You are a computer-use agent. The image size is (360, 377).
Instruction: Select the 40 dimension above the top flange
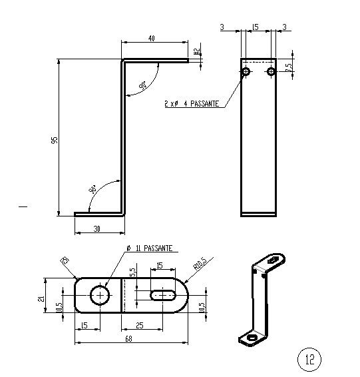tap(152, 39)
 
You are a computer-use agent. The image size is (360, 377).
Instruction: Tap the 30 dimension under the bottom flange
tap(97, 228)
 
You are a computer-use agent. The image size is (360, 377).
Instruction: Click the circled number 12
tap(309, 359)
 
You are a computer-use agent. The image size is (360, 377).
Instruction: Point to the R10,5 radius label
tap(198, 266)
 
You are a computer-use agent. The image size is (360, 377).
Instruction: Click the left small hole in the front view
tap(246, 71)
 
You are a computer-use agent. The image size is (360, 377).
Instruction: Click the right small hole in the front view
tap(270, 71)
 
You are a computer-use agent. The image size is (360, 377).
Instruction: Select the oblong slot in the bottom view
tap(162, 294)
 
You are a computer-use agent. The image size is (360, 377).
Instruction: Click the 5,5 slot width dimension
tap(133, 272)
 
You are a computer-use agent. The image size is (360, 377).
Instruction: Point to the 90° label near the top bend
tap(143, 86)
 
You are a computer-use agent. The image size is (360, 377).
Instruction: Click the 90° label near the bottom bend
tap(92, 188)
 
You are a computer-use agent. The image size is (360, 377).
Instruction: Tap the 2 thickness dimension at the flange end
tap(196, 51)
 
